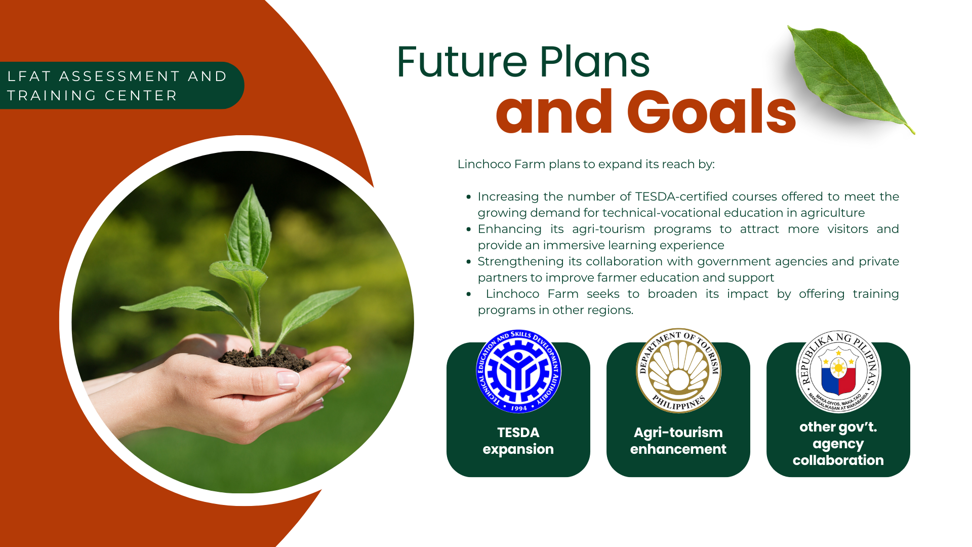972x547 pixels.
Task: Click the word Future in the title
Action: click(x=462, y=62)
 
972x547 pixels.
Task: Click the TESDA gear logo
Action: click(x=518, y=371)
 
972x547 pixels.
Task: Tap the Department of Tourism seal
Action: click(x=678, y=370)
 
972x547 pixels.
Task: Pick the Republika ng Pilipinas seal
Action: click(x=838, y=371)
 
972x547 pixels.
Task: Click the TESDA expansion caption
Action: click(x=518, y=441)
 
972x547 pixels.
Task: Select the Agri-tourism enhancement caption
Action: click(x=678, y=441)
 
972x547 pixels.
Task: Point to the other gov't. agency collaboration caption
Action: click(x=838, y=444)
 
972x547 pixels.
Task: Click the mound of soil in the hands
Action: click(x=266, y=359)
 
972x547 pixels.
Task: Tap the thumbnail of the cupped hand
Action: click(x=288, y=379)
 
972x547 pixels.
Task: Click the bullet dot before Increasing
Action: click(x=469, y=197)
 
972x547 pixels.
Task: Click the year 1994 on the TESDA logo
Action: click(x=519, y=408)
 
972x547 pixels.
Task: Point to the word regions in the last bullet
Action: click(x=613, y=310)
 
